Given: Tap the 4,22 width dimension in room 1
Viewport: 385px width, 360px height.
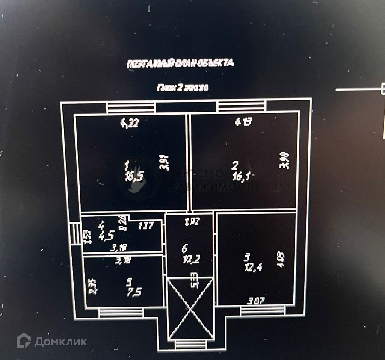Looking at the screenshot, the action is tap(130, 124).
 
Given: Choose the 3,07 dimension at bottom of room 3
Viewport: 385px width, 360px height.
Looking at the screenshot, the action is tap(255, 301).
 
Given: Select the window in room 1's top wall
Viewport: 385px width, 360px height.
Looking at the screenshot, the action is tap(130, 107).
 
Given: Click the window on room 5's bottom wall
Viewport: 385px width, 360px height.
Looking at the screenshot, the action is tap(121, 313).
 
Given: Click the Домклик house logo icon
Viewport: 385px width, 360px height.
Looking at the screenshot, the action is tap(24, 341).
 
